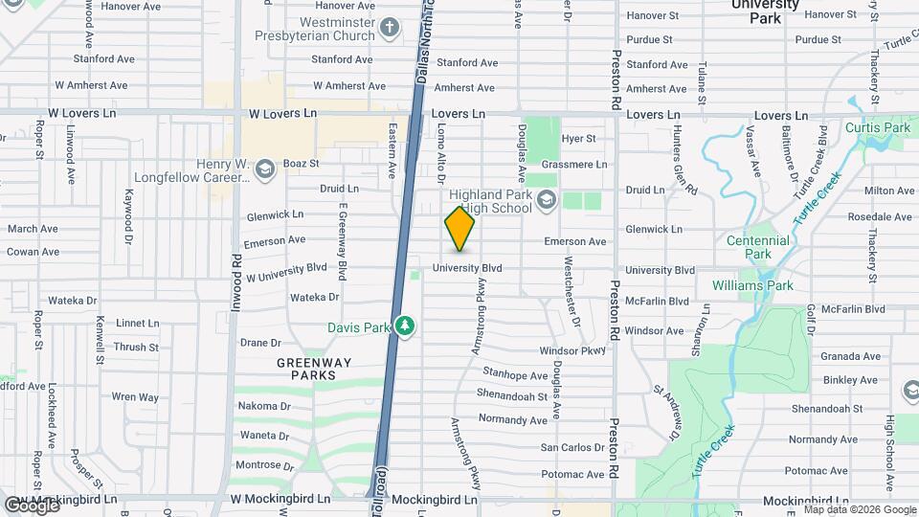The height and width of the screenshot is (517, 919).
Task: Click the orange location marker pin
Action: [459, 229]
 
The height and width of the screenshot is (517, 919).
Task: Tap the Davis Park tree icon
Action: [406, 326]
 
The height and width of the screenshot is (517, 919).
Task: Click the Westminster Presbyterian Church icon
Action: [389, 29]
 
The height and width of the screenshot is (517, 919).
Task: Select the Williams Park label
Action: [752, 285]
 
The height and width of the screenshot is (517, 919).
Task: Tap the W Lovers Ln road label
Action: [282, 113]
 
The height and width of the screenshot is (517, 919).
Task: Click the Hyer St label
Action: [578, 139]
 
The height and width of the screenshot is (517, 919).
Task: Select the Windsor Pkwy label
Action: [572, 351]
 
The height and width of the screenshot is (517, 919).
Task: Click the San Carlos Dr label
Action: [572, 447]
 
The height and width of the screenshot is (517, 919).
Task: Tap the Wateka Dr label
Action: [315, 298]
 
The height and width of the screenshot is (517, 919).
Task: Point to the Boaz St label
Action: [300, 164]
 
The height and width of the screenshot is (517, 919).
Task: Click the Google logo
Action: [32, 504]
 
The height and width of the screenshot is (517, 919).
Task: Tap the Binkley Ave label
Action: [843, 379]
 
